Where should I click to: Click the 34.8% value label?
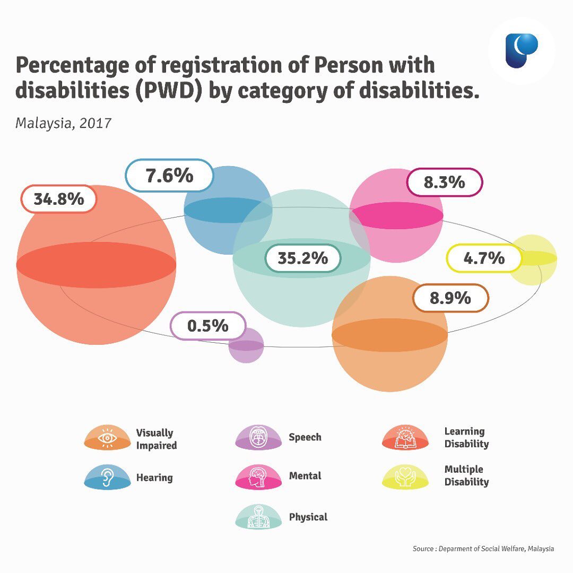pyautogui.click(x=59, y=199)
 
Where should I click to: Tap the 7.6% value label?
pyautogui.click(x=169, y=176)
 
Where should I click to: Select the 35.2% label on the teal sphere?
pyautogui.click(x=303, y=258)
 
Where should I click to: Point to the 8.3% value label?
pyautogui.click(x=445, y=182)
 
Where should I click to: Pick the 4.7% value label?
pyautogui.click(x=484, y=258)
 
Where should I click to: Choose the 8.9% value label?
pyautogui.click(x=450, y=298)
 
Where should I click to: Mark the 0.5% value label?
pyautogui.click(x=208, y=326)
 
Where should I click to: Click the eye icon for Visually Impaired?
pyautogui.click(x=107, y=437)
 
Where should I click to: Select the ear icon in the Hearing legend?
pyautogui.click(x=107, y=477)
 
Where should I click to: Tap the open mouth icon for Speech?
pyautogui.click(x=259, y=437)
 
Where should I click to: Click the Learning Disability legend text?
pyautogui.click(x=466, y=437)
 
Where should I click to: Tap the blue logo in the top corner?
pyautogui.click(x=522, y=50)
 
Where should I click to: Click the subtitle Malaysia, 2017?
pyautogui.click(x=63, y=123)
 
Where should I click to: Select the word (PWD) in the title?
pyautogui.click(x=169, y=91)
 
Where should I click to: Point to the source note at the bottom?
pyautogui.click(x=483, y=549)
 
